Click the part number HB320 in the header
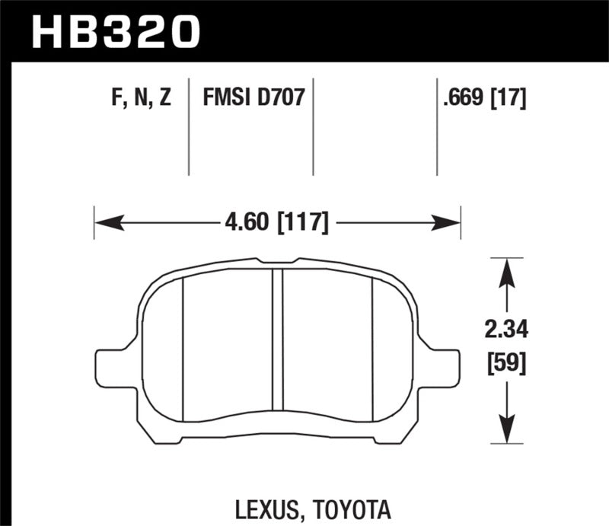pos(115,31)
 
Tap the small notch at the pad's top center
pos(278,263)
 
